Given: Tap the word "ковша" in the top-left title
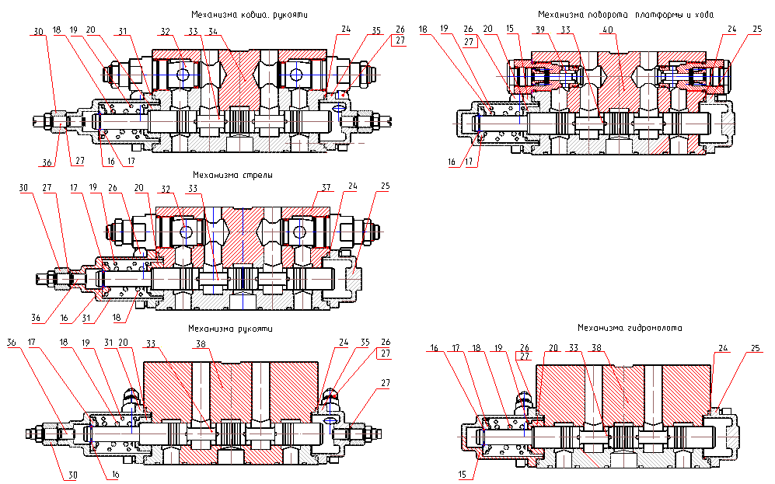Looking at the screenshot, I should point(254,15).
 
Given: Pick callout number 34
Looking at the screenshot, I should point(213,31).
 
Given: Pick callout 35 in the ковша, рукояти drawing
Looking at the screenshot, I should point(377,31).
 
